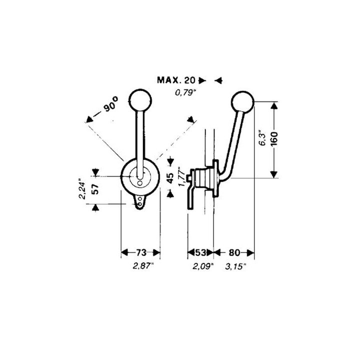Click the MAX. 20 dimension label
[176, 80]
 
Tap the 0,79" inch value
[185, 93]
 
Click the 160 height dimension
[274, 139]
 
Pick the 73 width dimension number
[141, 252]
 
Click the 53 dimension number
[200, 252]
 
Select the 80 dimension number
[234, 252]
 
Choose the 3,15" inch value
[235, 266]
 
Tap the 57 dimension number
[95, 188]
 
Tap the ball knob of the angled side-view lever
[242, 102]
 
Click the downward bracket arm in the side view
[191, 197]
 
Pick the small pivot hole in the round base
[140, 183]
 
